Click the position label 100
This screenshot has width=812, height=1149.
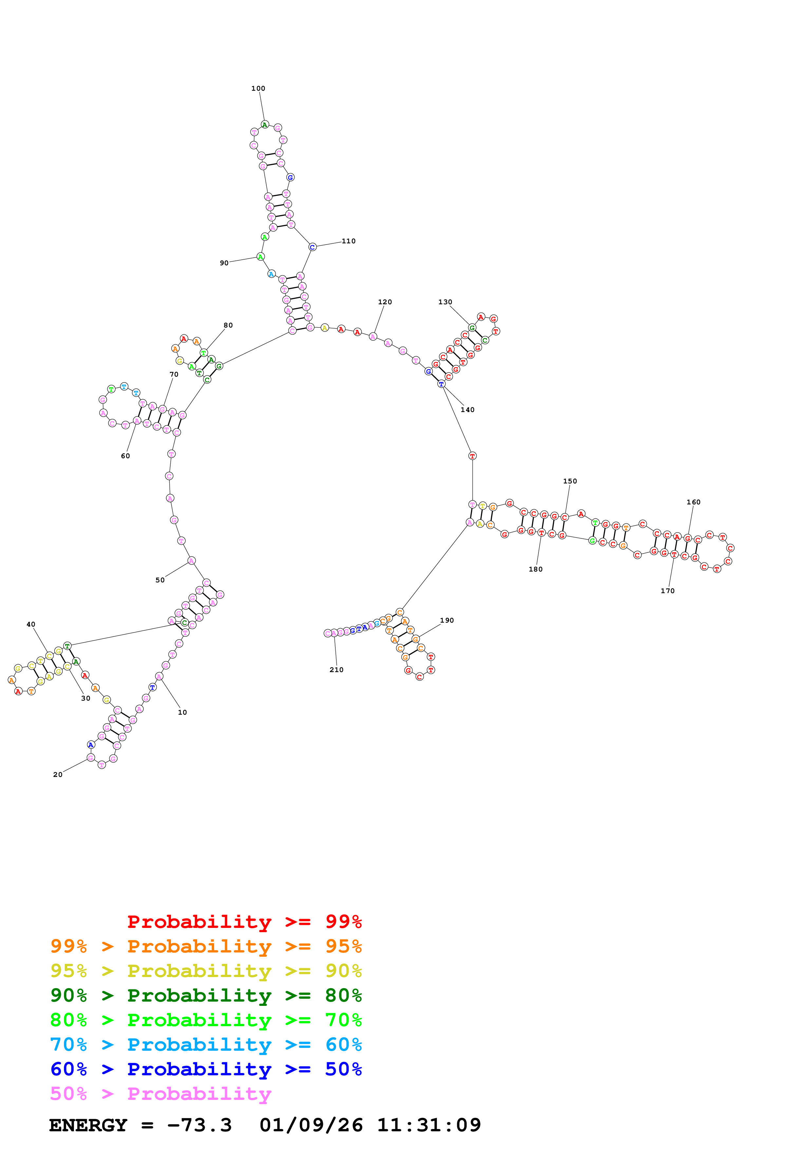click(x=258, y=88)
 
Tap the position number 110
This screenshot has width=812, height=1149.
click(x=349, y=241)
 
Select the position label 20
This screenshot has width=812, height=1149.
click(x=58, y=775)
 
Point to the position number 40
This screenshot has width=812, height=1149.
click(x=31, y=625)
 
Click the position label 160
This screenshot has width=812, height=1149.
click(x=693, y=502)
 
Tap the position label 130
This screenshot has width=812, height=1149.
click(x=445, y=302)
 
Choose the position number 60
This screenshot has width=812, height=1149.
click(x=125, y=456)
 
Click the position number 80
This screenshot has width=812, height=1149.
click(x=228, y=325)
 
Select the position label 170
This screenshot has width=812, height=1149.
click(x=668, y=591)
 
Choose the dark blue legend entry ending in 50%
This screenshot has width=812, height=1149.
click(x=206, y=1069)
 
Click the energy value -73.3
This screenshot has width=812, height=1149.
click(x=199, y=1125)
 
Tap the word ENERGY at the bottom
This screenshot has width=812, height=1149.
click(x=88, y=1125)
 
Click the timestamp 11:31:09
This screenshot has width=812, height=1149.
click(x=429, y=1125)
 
